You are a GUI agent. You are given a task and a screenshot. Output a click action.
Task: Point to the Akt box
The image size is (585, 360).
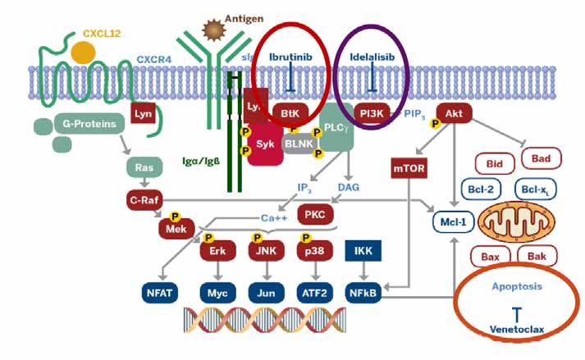pyautogui.click(x=453, y=112)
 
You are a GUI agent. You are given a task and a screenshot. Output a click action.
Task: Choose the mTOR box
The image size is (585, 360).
pyautogui.click(x=409, y=171)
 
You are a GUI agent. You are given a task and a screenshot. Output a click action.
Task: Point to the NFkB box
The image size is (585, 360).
pyautogui.click(x=361, y=291)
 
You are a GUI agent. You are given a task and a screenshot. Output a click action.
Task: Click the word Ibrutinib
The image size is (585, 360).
pyautogui.click(x=292, y=56)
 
